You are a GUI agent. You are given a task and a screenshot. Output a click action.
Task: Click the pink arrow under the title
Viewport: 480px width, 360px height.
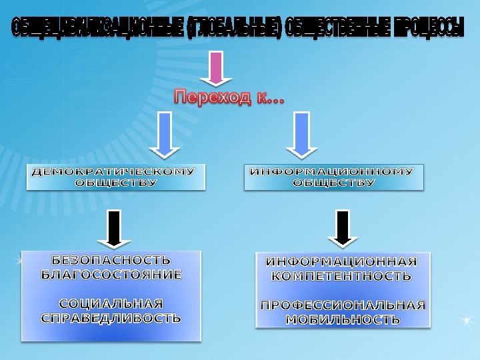[215, 68]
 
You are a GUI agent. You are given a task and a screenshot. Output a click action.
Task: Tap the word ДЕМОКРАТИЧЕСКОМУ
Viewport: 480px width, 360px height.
[114, 171]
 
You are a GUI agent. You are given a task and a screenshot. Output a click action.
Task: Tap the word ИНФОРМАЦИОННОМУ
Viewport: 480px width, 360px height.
[331, 172]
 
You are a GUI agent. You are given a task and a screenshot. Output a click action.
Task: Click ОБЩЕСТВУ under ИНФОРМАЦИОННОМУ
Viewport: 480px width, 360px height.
[334, 183]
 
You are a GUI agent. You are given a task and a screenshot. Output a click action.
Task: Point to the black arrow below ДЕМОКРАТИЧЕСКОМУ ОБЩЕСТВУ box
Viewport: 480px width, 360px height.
[114, 229]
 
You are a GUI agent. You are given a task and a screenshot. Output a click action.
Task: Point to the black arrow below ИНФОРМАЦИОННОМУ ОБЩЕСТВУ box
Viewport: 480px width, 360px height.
[343, 229]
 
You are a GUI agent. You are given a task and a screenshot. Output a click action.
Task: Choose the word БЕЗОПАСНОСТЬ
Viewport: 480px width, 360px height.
[111, 260]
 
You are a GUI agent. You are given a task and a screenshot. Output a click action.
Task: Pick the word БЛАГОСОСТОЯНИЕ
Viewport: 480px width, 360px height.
[111, 274]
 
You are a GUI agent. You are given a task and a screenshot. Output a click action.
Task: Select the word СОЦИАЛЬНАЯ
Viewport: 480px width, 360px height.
[111, 304]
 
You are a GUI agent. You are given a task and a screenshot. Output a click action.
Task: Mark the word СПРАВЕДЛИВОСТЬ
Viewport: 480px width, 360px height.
[111, 318]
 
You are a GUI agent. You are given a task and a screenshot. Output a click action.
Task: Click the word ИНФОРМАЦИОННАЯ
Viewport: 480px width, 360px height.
[342, 261]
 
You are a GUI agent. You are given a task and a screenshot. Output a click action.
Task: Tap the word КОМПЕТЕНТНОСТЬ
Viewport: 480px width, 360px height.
[342, 275]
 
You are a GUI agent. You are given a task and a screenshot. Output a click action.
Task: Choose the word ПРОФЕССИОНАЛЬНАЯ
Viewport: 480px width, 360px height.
[343, 305]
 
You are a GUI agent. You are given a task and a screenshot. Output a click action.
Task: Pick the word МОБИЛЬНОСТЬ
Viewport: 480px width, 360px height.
[343, 319]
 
